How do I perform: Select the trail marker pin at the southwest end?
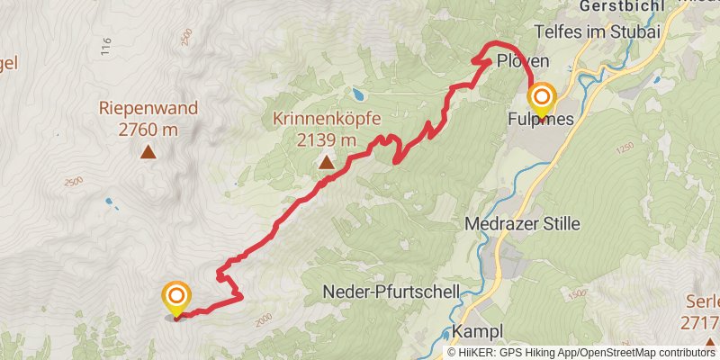click(175, 297)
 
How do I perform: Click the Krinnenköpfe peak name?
click(327, 119)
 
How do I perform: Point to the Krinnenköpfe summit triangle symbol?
click(326, 163)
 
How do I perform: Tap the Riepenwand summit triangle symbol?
click(148, 152)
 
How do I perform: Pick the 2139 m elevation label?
click(327, 140)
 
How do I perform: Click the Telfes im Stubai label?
click(609, 31)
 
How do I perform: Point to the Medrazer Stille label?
click(523, 223)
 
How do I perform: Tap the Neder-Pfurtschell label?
click(391, 292)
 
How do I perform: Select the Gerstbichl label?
click(615, 5)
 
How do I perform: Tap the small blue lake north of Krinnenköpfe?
click(359, 93)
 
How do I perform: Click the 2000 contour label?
click(263, 319)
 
